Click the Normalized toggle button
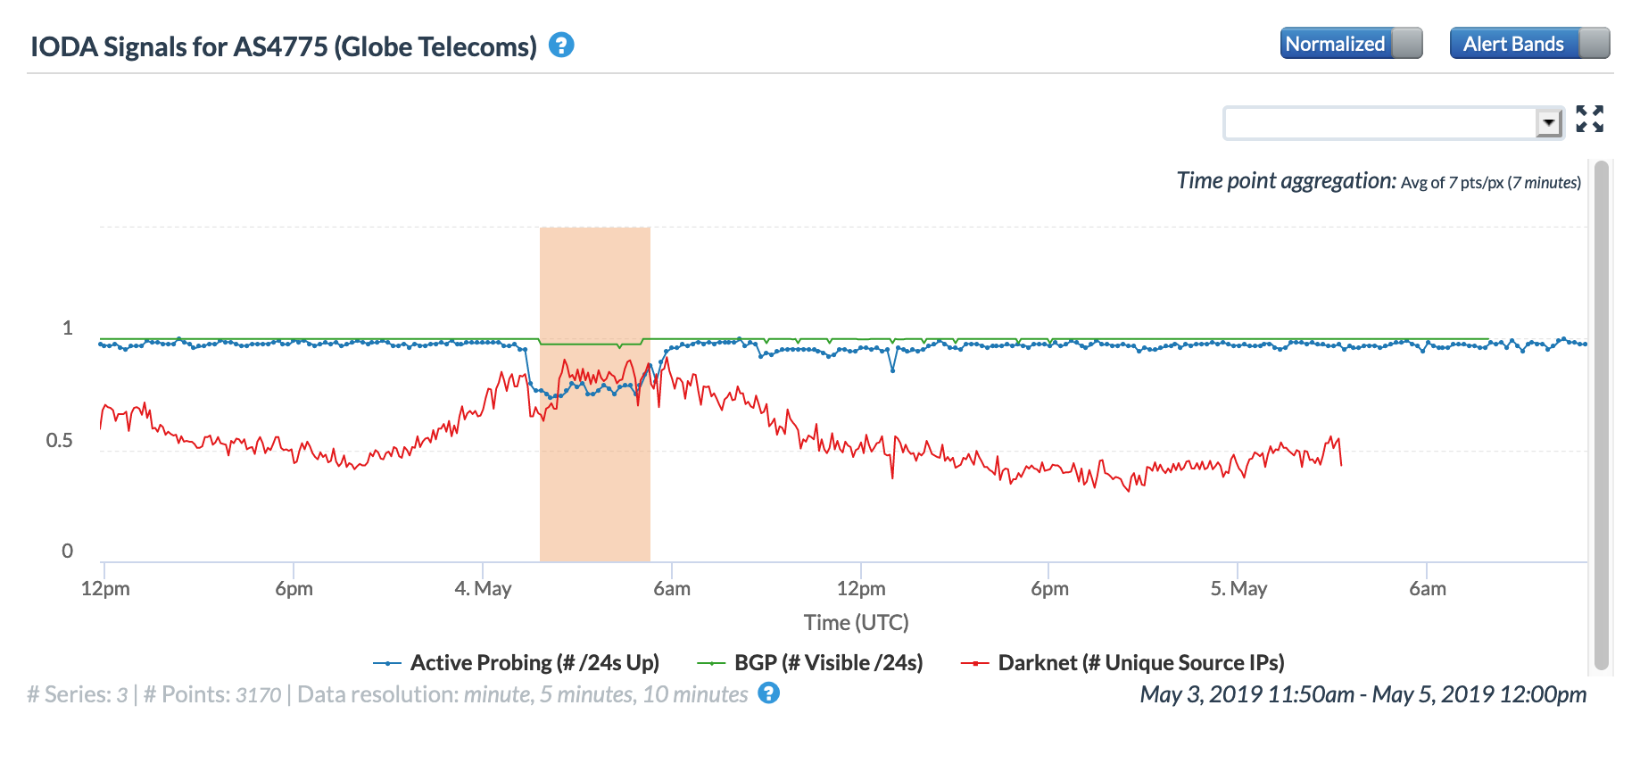tap(1350, 44)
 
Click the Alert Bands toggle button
tap(1529, 44)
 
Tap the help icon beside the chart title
tap(561, 46)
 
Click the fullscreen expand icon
tap(1589, 119)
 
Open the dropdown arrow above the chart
tap(1549, 123)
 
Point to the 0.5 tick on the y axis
tap(60, 441)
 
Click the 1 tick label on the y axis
tap(67, 328)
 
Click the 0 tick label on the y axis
tap(67, 552)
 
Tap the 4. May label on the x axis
tap(483, 589)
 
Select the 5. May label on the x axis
tap(1238, 589)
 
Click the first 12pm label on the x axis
tap(105, 589)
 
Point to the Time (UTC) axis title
tap(856, 623)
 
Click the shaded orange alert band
tap(594, 500)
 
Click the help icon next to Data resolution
tap(768, 693)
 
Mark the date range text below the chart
tap(1363, 694)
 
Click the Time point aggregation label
tap(1286, 181)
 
